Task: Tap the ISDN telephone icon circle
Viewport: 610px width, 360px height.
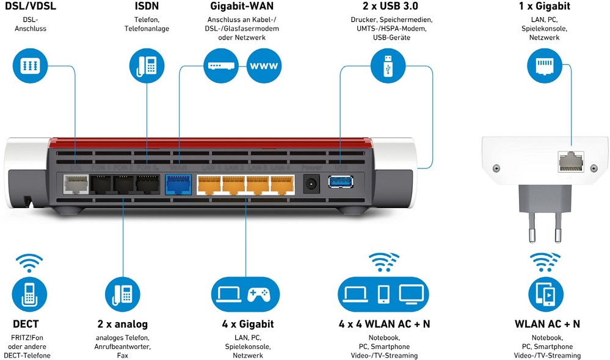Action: pos(147,65)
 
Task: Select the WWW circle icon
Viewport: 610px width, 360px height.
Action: pos(264,65)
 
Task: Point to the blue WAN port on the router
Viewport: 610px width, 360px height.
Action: pos(178,183)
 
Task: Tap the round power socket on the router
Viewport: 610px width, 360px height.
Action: pos(312,182)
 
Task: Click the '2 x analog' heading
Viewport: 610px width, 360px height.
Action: pos(122,324)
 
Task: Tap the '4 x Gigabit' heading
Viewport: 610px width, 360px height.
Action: pos(248,324)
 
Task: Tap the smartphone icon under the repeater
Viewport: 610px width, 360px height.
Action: pos(546,294)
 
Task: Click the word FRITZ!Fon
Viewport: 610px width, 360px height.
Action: pos(27,337)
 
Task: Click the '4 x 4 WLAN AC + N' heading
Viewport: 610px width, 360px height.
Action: pos(384,324)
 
